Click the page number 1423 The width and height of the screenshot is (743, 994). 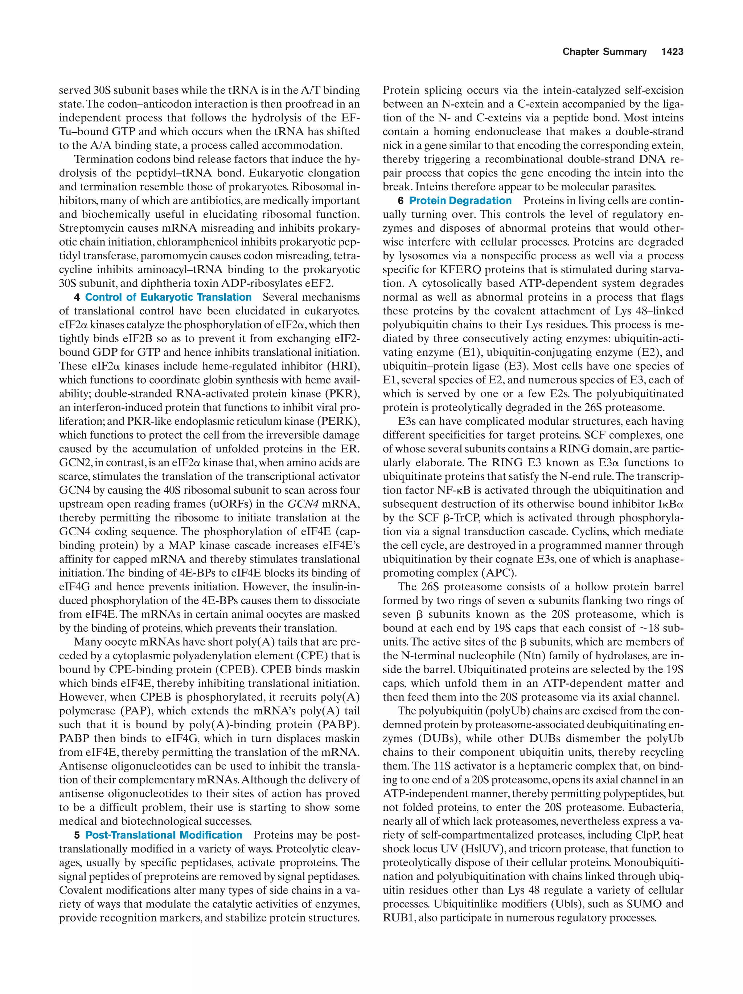672,52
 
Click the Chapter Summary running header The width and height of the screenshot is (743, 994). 604,52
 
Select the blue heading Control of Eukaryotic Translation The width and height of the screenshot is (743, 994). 168,297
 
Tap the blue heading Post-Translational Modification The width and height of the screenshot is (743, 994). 164,835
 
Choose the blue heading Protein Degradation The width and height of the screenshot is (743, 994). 460,201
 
